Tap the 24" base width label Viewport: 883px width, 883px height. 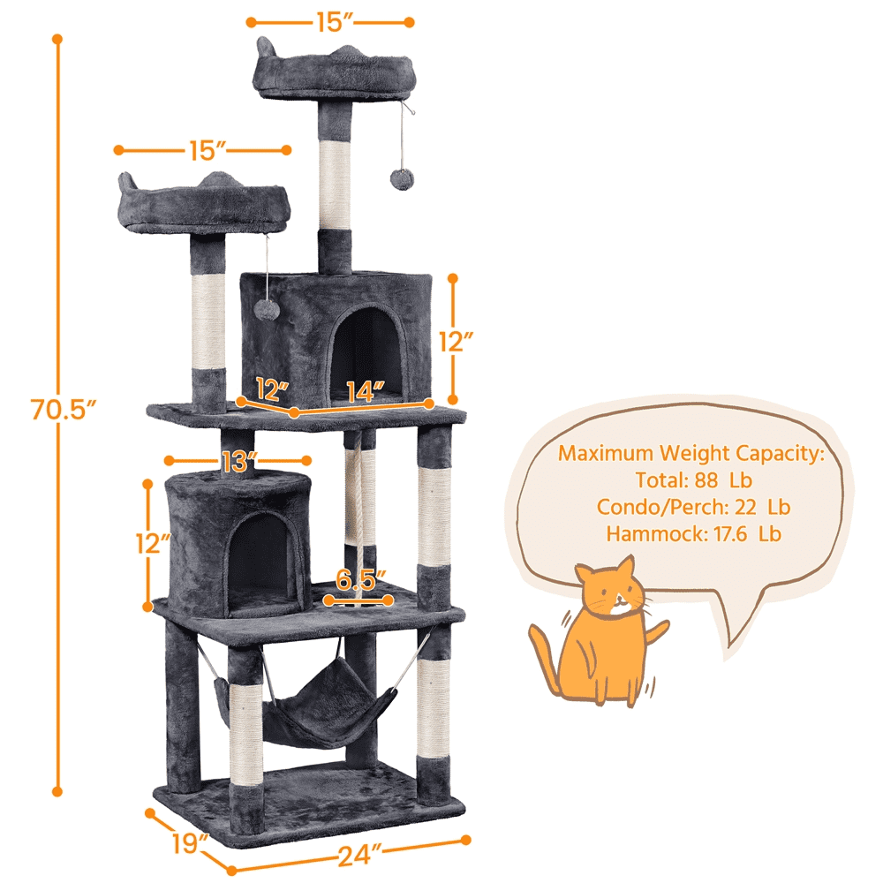pyautogui.click(x=357, y=854)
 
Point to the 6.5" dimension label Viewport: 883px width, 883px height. pyautogui.click(x=361, y=580)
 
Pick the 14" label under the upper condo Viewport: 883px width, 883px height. pyautogui.click(x=365, y=389)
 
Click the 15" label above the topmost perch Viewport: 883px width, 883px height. pyautogui.click(x=328, y=23)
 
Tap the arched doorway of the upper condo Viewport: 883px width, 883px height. pyautogui.click(x=364, y=350)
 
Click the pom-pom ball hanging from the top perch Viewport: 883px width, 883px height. pyautogui.click(x=400, y=177)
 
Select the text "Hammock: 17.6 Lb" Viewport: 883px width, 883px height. pyautogui.click(x=693, y=533)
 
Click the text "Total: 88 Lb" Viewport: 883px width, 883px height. pyautogui.click(x=693, y=481)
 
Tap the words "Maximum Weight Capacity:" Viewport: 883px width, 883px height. pyautogui.click(x=691, y=454)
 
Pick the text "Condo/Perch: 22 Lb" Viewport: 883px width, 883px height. pyautogui.click(x=693, y=507)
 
